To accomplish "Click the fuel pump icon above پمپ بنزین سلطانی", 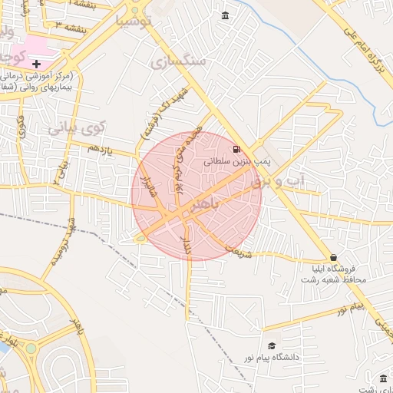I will (236, 149).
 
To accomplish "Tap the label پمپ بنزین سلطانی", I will (236, 162).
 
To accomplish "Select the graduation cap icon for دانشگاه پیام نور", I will (270, 346).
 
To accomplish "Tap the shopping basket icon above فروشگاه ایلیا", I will (332, 258).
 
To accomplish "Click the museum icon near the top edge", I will (225, 16).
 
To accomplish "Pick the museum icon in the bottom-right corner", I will (384, 378).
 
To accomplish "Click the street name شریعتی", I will (236, 249).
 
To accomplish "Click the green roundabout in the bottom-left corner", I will (31, 348).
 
